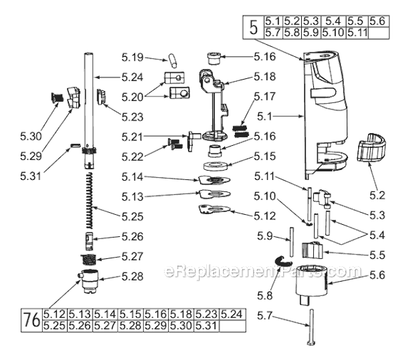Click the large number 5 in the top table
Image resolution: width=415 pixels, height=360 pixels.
(x=253, y=27)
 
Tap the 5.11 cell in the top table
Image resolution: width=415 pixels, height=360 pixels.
(x=353, y=32)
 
